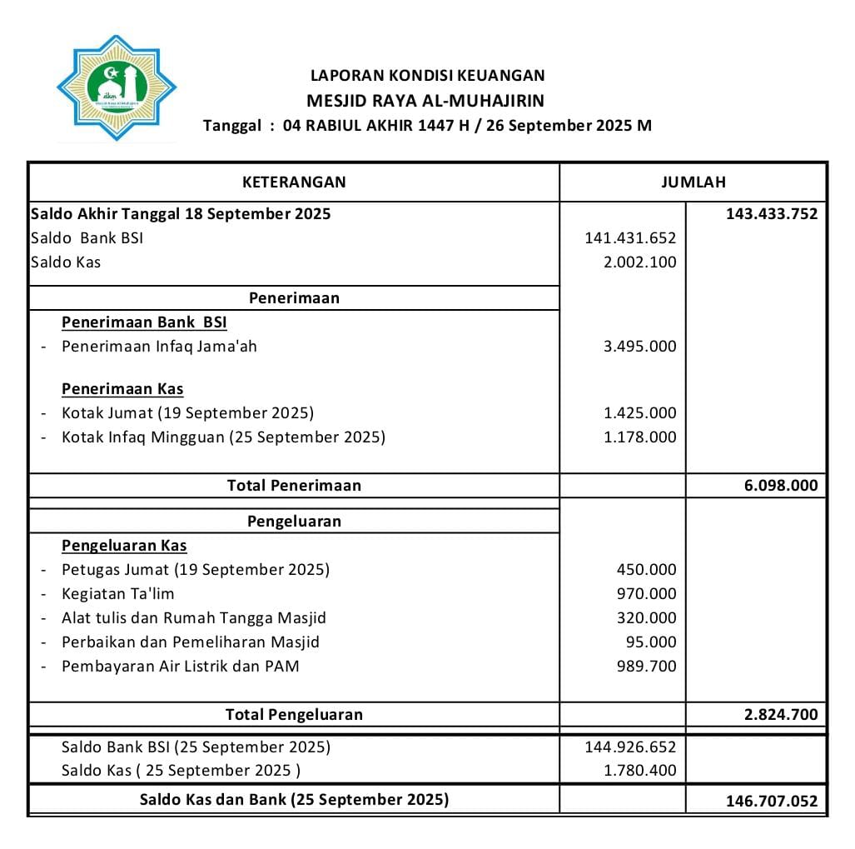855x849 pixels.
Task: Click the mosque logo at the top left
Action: click(x=117, y=87)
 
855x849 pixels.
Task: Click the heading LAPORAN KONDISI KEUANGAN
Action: click(x=427, y=75)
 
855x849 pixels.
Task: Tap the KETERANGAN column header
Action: click(x=294, y=182)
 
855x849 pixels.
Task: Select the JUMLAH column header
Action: click(x=693, y=182)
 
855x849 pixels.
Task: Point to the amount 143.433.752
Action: click(x=771, y=214)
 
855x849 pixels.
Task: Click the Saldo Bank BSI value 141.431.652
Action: click(x=630, y=238)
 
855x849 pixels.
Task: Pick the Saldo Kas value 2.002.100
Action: click(x=639, y=262)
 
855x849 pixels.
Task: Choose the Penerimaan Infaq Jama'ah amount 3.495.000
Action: click(x=639, y=347)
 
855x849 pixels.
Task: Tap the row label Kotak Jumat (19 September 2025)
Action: click(x=187, y=413)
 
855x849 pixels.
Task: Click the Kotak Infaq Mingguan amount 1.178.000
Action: click(x=639, y=437)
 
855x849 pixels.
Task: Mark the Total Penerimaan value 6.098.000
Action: click(x=780, y=486)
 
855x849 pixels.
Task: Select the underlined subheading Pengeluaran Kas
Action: click(x=124, y=546)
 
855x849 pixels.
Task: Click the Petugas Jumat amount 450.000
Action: click(x=646, y=570)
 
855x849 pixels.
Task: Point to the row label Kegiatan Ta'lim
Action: click(x=117, y=594)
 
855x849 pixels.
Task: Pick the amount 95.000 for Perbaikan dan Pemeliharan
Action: click(x=651, y=642)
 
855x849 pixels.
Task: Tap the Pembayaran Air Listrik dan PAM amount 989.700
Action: click(x=646, y=667)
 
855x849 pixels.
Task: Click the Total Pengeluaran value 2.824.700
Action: click(x=780, y=715)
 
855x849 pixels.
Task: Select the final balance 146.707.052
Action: click(x=771, y=802)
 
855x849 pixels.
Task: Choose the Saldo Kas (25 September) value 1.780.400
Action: click(x=639, y=771)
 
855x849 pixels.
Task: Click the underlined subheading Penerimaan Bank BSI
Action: click(x=144, y=322)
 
